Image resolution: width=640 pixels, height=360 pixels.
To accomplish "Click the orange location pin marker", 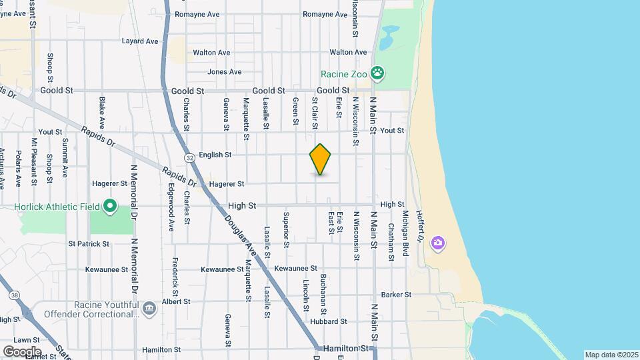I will (321, 159).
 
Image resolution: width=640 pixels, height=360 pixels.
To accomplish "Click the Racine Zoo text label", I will (344, 74).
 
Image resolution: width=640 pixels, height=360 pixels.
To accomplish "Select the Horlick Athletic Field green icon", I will (111, 207).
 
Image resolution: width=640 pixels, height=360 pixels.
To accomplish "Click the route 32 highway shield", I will (191, 157).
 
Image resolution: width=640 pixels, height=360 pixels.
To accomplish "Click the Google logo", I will (21, 351).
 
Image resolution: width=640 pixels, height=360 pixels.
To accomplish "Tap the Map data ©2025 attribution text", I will (611, 355).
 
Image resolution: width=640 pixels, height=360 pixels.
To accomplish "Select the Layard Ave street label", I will (140, 41).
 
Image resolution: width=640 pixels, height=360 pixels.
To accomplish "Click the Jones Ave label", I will (224, 72).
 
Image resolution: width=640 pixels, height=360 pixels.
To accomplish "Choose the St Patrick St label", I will (88, 244).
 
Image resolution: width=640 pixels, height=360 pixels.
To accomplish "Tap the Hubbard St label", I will (329, 321).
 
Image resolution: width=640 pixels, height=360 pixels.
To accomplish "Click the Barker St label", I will (395, 295).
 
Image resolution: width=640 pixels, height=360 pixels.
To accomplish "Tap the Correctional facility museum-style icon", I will (149, 307).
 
